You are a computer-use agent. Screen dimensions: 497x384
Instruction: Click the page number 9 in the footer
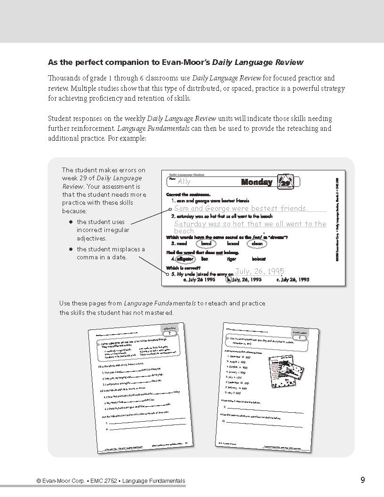click(x=363, y=480)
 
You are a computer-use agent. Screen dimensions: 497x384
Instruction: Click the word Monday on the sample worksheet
click(x=256, y=182)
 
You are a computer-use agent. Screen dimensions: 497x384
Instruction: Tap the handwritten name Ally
click(x=184, y=182)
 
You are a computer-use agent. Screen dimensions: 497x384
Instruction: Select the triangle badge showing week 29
click(x=284, y=181)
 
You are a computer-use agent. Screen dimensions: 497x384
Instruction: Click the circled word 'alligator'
click(x=186, y=259)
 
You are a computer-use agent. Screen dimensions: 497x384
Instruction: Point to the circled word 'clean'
click(x=257, y=244)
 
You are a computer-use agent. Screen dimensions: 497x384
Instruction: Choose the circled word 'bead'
click(x=206, y=244)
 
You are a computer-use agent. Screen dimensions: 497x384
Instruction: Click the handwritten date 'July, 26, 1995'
click(x=259, y=271)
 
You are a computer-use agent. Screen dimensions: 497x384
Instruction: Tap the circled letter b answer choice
click(x=229, y=279)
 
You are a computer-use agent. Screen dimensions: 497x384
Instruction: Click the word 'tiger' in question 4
click(x=231, y=259)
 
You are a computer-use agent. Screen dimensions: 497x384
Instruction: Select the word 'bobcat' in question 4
click(x=259, y=259)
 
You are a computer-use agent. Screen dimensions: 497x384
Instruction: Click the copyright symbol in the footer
click(x=39, y=481)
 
